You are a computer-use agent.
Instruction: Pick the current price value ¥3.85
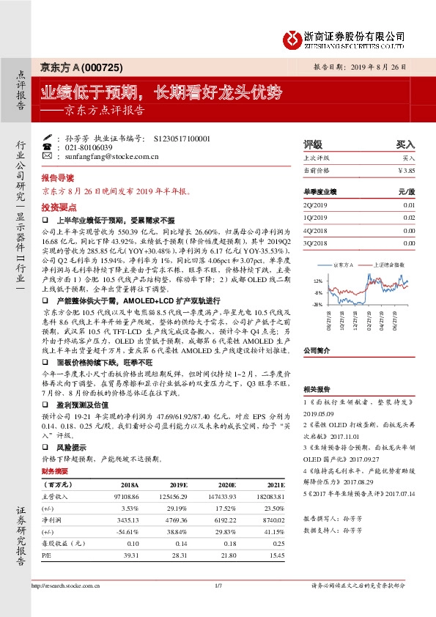pos(406,170)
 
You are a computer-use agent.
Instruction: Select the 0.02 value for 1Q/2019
pos(409,218)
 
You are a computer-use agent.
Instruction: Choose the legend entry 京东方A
pos(343,264)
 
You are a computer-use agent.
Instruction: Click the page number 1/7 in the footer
pos(218,586)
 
